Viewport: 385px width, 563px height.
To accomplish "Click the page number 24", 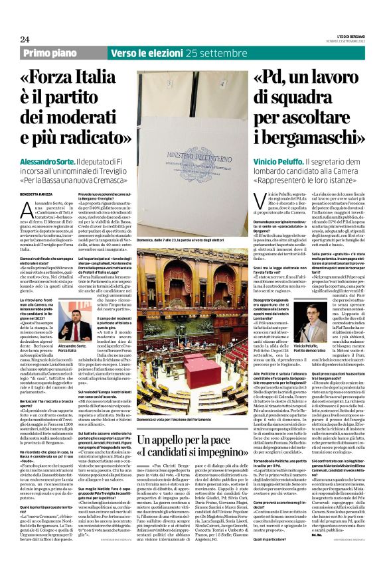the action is [25, 39].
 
